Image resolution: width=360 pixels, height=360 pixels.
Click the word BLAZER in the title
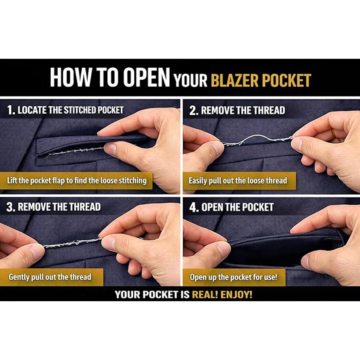[x=235, y=80]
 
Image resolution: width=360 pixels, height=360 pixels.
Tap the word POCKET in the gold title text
[x=286, y=80]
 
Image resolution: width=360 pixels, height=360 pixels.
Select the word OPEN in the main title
[x=146, y=77]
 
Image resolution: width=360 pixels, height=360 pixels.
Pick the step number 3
[x=10, y=207]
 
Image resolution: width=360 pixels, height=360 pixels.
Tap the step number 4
[x=193, y=207]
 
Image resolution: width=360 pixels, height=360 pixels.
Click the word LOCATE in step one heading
[x=32, y=110]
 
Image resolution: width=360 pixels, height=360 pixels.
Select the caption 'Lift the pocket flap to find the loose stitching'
[x=77, y=181]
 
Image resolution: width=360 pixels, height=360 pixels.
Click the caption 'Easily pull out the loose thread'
[x=238, y=181]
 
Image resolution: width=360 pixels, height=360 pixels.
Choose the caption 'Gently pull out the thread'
[x=50, y=277]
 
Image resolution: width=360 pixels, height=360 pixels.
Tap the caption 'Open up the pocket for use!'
[x=234, y=277]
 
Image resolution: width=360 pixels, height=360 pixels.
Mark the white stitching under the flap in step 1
[x=75, y=152]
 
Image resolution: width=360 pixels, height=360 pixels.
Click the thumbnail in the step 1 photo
[x=111, y=149]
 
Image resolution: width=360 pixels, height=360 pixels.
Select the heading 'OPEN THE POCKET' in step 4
[x=237, y=207]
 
